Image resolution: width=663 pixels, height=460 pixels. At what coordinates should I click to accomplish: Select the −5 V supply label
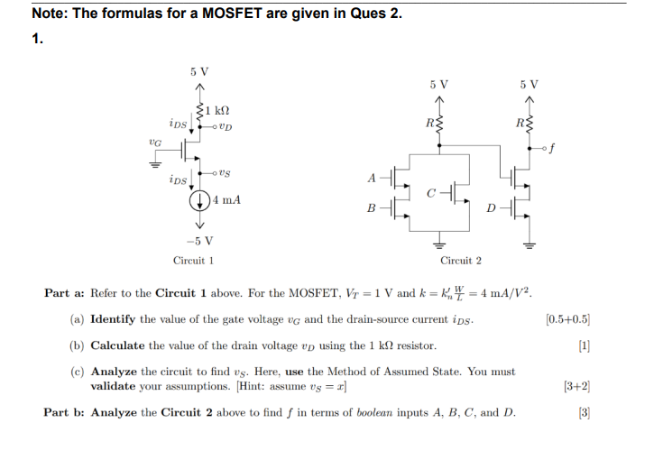[199, 240]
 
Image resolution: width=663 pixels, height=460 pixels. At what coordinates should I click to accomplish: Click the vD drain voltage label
[225, 125]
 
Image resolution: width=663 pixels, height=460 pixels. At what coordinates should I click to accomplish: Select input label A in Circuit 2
[372, 177]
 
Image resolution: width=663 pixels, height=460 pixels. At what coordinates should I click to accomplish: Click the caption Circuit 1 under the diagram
[193, 261]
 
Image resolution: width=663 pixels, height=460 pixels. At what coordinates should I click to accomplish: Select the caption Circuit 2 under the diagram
[460, 261]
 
